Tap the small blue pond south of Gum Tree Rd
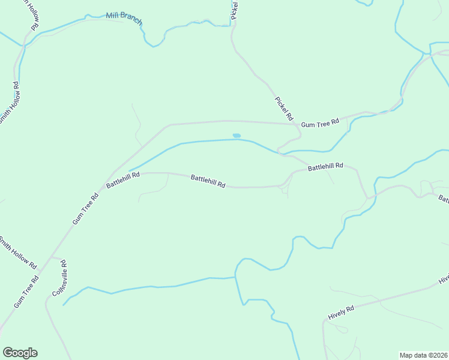pyautogui.click(x=237, y=136)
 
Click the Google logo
pyautogui.click(x=20, y=353)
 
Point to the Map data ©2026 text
pyautogui.click(x=423, y=355)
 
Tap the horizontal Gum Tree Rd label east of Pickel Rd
pyautogui.click(x=320, y=123)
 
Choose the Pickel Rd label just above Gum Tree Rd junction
pyautogui.click(x=283, y=108)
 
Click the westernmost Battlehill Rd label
pyautogui.click(x=122, y=179)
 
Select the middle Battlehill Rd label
pyautogui.click(x=208, y=181)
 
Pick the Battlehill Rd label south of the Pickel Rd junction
pyautogui.click(x=325, y=166)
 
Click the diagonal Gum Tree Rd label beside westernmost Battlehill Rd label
pyautogui.click(x=85, y=209)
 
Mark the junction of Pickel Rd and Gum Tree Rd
pyautogui.click(x=295, y=124)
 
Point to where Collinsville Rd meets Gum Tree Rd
pyautogui.click(x=52, y=257)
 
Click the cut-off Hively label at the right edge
pyautogui.click(x=444, y=279)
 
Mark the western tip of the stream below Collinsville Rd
pyautogui.click(x=63, y=305)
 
